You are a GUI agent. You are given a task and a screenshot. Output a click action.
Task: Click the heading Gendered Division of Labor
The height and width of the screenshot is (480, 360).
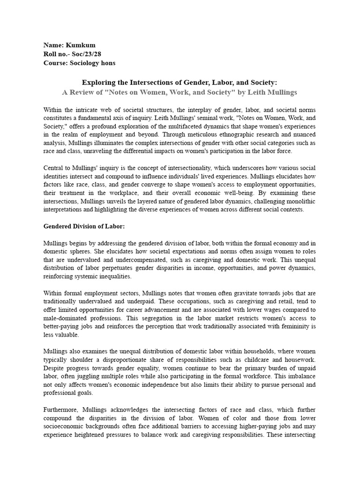coord(84,226)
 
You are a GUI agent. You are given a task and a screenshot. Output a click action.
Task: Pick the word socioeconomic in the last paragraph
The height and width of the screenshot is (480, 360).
coord(66,426)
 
